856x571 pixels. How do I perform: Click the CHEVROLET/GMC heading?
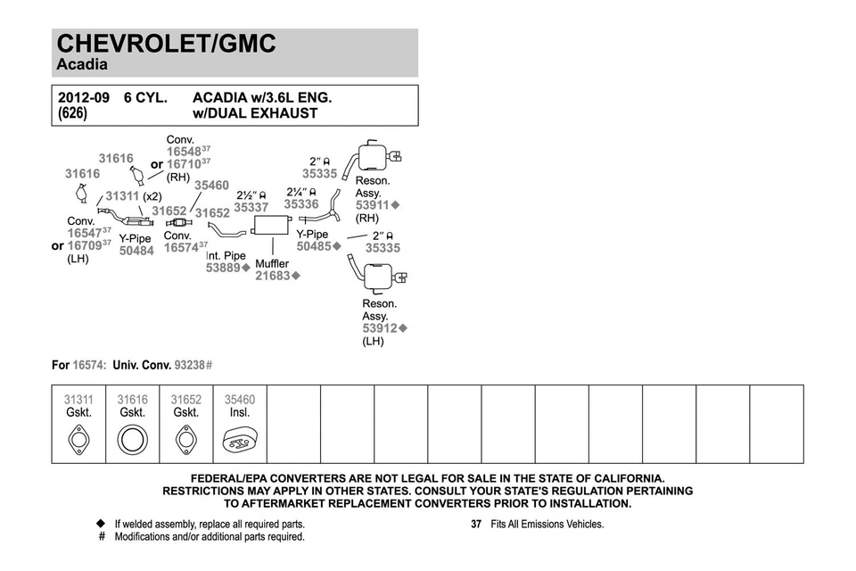(166, 44)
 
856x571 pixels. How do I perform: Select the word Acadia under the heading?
(82, 65)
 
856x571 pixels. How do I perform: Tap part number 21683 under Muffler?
(273, 277)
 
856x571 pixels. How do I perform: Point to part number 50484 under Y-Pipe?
(136, 251)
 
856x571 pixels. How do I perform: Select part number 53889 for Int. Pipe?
(223, 268)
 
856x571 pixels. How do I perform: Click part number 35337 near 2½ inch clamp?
(251, 208)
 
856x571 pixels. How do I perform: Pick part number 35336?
(301, 204)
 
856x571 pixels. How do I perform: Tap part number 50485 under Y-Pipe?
(314, 246)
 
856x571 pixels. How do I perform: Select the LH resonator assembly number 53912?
(379, 328)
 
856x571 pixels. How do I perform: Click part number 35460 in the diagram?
(211, 186)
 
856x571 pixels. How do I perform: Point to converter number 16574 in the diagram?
(181, 247)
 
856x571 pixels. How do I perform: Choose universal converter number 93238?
(189, 365)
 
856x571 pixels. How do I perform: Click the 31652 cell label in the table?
(185, 401)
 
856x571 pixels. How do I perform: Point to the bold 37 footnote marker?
(476, 525)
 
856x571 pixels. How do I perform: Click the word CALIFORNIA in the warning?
(621, 479)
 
